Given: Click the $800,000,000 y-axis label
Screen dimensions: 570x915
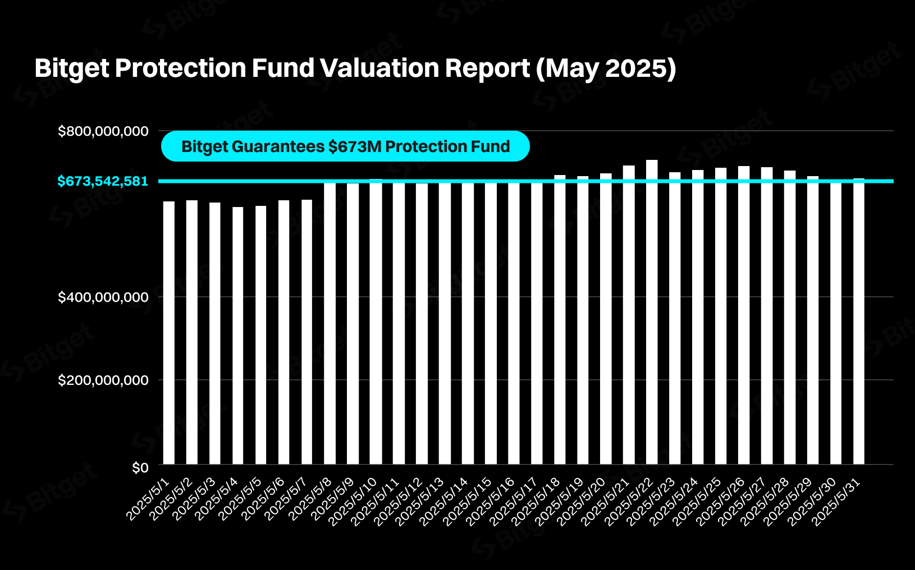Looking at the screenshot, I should [103, 131].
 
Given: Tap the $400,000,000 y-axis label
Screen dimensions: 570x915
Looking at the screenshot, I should [103, 297].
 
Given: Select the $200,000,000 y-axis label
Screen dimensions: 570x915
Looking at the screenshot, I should [103, 380].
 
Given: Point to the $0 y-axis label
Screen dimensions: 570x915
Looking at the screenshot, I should [140, 467].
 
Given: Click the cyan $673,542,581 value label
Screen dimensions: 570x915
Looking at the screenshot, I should [103, 181].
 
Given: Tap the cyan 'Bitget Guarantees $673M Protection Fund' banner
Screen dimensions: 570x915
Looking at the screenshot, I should [345, 146].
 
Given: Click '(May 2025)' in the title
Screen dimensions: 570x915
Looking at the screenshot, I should [606, 68].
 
